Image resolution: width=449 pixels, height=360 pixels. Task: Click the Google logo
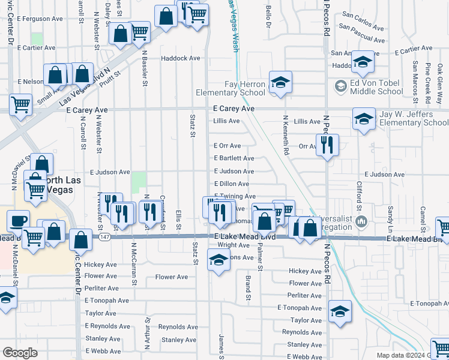pyautogui.click(x=20, y=353)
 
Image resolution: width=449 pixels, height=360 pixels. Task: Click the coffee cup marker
pyautogui.click(x=18, y=220)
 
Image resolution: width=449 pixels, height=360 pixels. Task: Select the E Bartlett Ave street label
pyautogui.click(x=234, y=158)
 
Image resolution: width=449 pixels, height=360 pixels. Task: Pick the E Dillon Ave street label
pyautogui.click(x=232, y=184)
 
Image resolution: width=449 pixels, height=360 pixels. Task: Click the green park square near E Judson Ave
pyautogui.click(x=139, y=182)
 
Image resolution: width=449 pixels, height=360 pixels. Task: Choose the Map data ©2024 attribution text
pyautogui.click(x=403, y=355)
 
